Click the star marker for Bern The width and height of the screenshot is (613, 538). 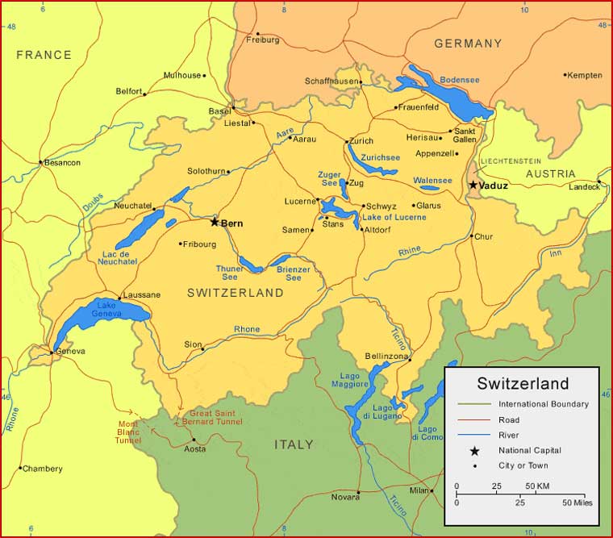coord(215,222)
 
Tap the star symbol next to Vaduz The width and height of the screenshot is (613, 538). coord(473,185)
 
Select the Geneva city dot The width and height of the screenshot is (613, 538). coord(53,352)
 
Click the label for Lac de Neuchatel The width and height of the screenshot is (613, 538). coord(118,256)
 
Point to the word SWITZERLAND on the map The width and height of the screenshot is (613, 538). coord(236,293)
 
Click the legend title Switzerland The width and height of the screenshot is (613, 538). coord(523,384)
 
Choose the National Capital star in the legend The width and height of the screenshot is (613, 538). coord(475,450)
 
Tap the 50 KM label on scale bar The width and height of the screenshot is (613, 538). coord(537,486)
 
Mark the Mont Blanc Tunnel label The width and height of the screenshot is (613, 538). coord(128,432)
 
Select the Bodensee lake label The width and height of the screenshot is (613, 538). coord(460,80)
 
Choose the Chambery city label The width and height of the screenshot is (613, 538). coord(43,469)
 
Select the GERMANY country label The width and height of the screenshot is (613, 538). coord(468,44)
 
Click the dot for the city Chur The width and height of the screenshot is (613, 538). coord(472,236)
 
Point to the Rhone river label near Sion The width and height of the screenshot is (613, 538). coord(247,329)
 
